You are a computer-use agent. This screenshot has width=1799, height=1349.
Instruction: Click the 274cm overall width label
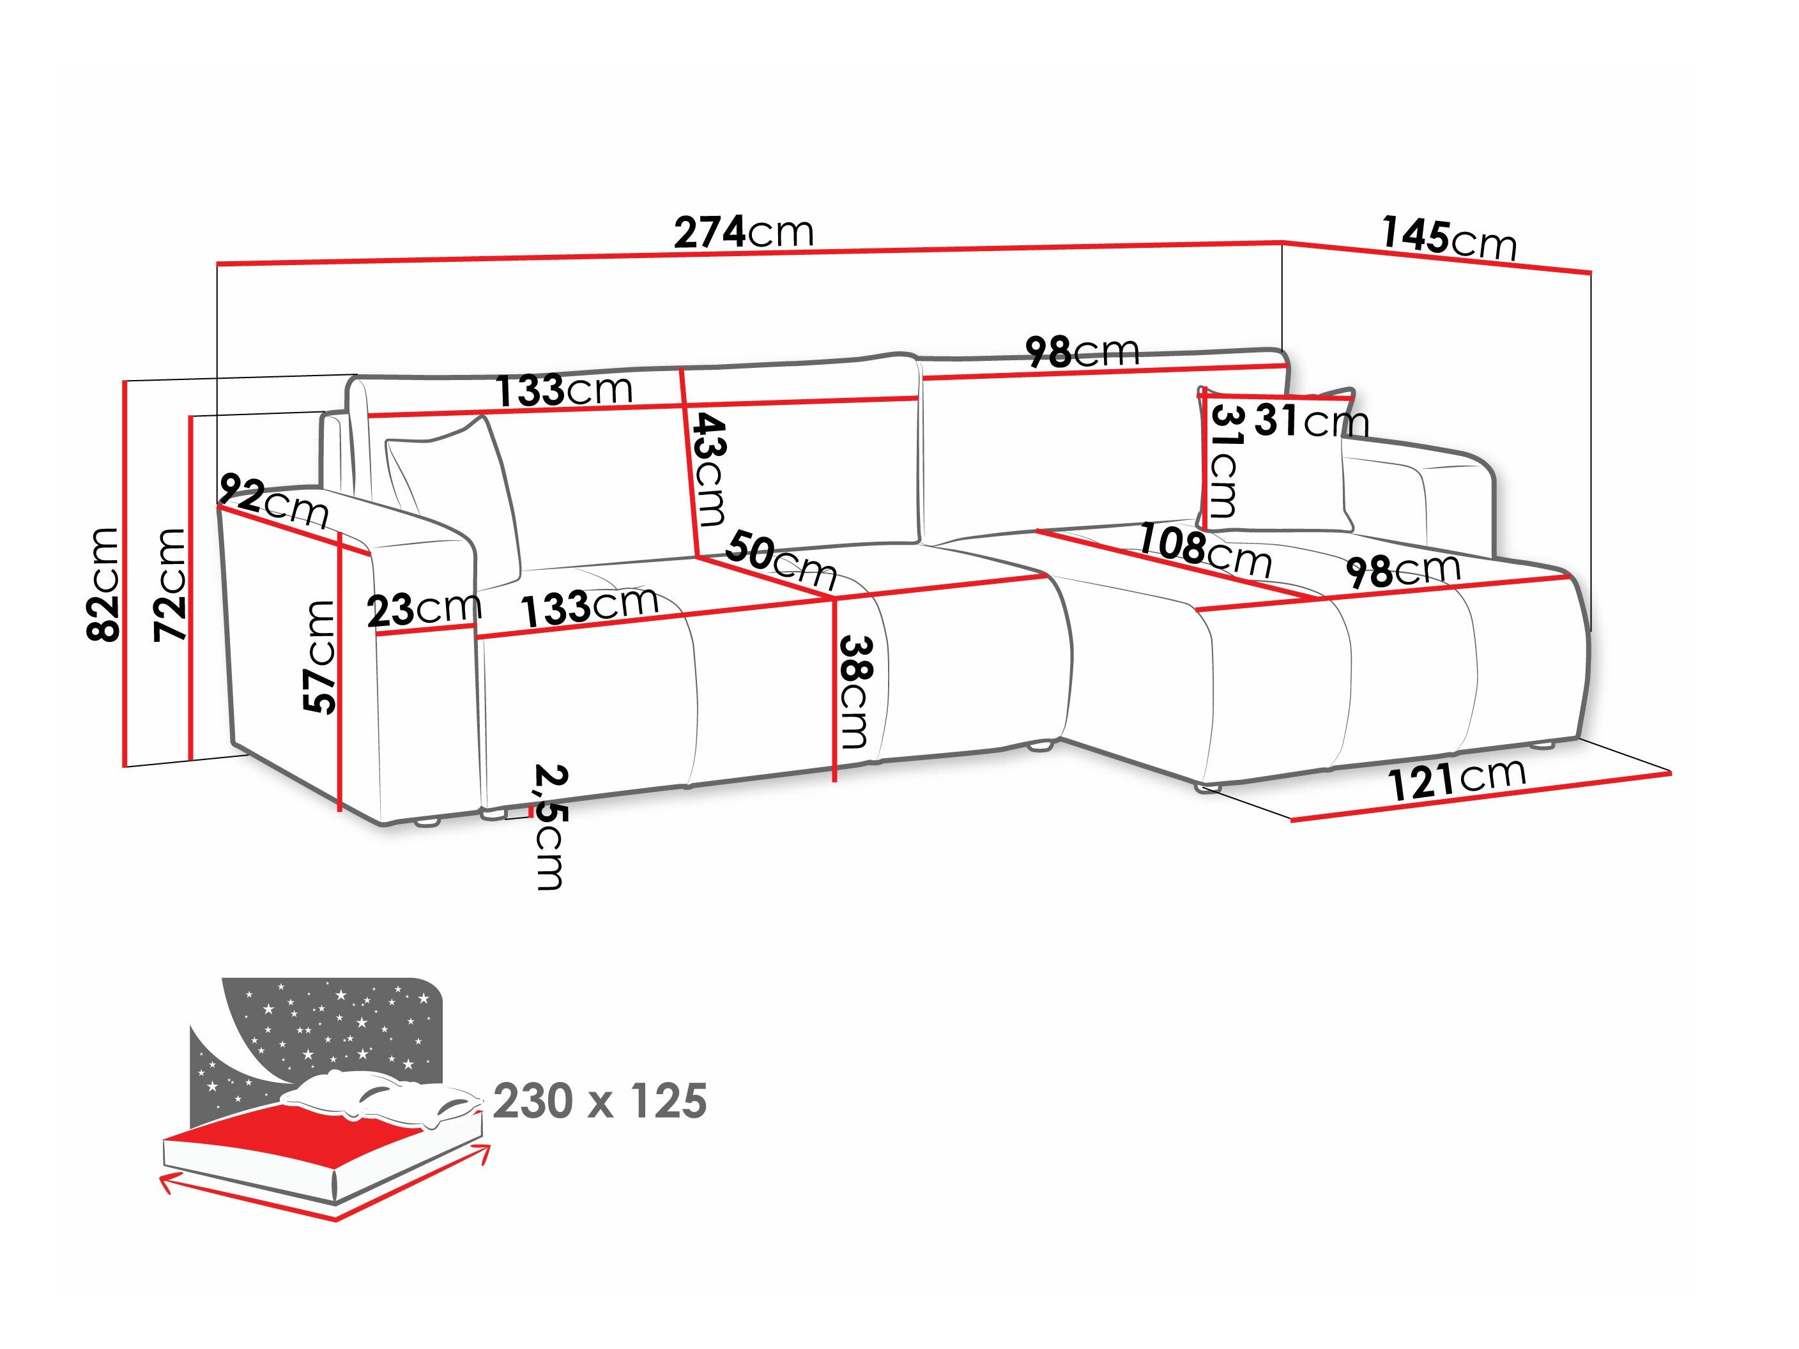[x=744, y=232]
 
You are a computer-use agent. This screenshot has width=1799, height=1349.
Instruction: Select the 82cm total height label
[x=104, y=584]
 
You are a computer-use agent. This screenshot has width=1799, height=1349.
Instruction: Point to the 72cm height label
[x=170, y=584]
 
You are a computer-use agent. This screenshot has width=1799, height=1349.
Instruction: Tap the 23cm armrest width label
[x=424, y=609]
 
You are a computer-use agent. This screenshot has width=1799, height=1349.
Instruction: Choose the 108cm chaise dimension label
[x=1204, y=551]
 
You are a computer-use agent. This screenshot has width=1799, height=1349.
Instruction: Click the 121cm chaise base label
[x=1457, y=780]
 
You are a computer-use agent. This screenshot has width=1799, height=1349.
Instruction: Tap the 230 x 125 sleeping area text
[x=599, y=1101]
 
